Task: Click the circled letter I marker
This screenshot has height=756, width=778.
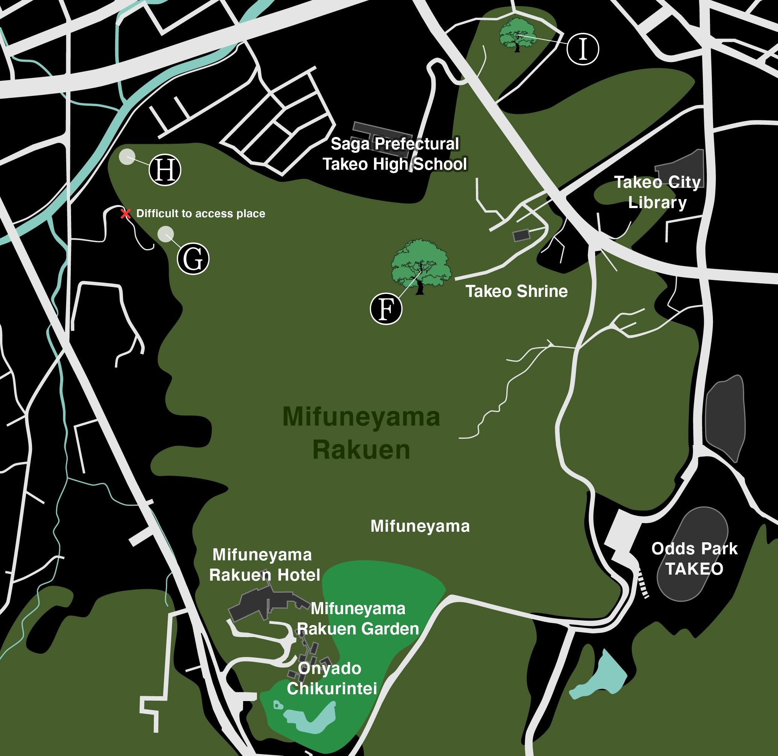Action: click(582, 49)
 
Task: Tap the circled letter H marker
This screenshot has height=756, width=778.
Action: click(165, 170)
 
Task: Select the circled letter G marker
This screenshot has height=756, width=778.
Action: click(193, 259)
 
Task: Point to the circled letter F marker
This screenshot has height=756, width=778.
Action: click(386, 309)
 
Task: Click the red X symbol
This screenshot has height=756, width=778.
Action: click(126, 214)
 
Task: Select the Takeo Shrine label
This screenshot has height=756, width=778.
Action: click(517, 291)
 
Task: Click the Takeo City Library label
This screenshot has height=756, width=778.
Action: click(657, 192)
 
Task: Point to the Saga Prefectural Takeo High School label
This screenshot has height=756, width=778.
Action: click(395, 154)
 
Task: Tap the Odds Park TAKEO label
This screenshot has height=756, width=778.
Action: click(694, 559)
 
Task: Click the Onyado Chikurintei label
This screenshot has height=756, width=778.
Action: click(331, 678)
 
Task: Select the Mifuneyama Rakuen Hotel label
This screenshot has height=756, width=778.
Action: click(264, 564)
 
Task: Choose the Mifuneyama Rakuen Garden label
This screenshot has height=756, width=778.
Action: click(358, 619)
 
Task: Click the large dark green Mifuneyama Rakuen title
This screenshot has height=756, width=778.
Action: click(361, 433)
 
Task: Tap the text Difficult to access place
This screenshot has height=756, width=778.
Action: click(201, 214)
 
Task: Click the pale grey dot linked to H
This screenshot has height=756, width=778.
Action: click(127, 157)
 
